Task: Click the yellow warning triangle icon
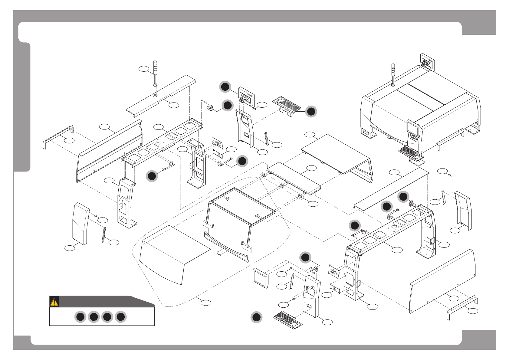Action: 54,302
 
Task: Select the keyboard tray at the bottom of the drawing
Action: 288,320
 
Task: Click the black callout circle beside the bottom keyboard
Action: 256,317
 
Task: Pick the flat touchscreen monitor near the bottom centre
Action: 261,277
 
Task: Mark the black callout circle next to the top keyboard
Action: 311,112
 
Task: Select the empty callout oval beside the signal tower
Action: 144,69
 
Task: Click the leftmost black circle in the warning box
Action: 80,317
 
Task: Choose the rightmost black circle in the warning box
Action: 120,317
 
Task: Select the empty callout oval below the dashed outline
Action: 206,302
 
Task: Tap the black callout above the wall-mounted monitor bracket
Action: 225,87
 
